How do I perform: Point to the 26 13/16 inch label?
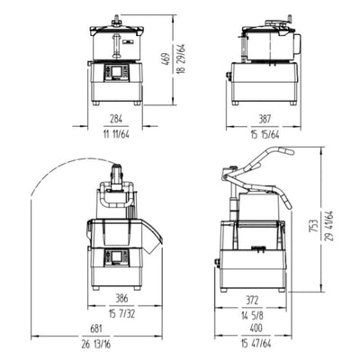pyautogui.click(x=83, y=344)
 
